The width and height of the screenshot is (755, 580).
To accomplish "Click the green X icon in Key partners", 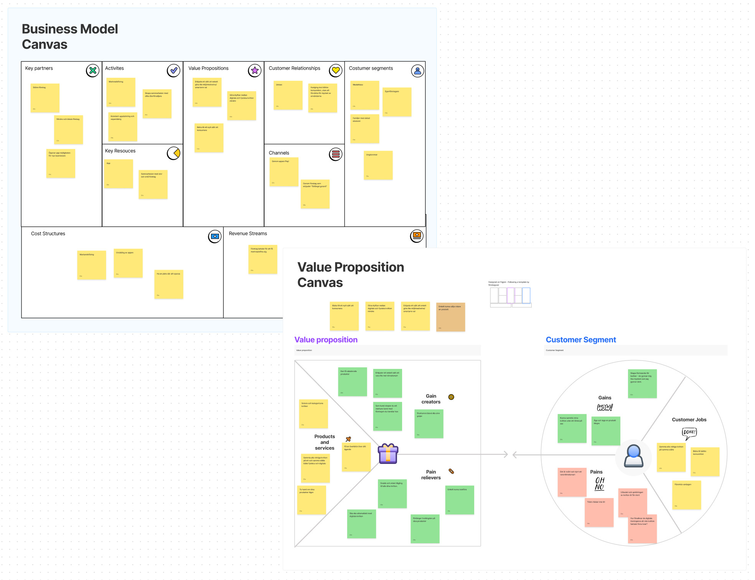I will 92,70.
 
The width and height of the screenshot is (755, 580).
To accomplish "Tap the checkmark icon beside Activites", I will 173,70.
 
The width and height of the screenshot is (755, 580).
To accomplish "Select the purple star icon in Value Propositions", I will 254,70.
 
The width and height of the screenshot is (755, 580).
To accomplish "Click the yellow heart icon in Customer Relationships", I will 336,70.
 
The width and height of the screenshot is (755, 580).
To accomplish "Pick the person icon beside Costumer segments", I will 417,71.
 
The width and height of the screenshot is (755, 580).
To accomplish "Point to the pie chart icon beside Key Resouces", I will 173,153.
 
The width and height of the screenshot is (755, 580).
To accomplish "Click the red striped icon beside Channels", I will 336,154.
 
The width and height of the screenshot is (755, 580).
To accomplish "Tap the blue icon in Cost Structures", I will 215,236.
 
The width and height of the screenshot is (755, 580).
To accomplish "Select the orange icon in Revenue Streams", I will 417,236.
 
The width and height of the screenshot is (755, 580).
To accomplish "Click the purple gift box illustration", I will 388,454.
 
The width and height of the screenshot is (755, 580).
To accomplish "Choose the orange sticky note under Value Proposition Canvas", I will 450,317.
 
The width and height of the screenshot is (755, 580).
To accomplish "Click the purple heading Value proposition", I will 326,340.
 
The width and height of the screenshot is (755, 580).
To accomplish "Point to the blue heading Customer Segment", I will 580,340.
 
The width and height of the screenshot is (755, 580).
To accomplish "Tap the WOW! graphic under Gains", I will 605,407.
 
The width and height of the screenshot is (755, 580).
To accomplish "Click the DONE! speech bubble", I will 689,433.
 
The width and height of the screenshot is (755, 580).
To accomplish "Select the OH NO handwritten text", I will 599,483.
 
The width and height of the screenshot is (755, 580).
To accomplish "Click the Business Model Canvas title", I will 70,36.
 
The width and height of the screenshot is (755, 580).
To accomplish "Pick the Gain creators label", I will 431,399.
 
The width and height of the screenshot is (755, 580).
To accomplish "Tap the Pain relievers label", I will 431,475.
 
